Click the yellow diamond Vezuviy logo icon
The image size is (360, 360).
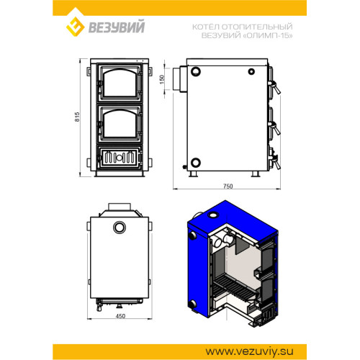75,27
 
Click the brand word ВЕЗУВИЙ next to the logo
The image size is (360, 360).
117,27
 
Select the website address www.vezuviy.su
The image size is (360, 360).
249,351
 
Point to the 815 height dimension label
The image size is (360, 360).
77,117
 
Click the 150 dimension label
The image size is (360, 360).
162,79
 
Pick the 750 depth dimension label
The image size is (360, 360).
228,186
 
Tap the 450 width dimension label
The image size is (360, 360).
120,316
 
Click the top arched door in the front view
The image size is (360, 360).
120,83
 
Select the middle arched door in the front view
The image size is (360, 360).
120,124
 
